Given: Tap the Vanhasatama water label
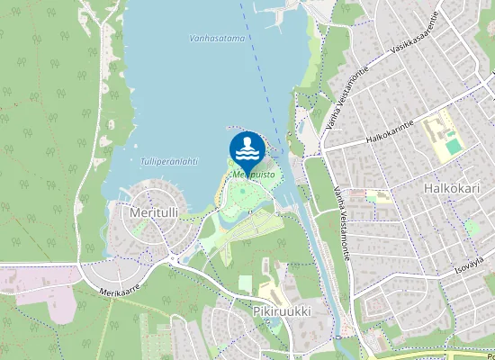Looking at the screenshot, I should tap(218, 39).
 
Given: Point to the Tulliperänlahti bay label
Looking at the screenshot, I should tap(168, 162).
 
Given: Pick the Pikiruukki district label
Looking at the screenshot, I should tap(281, 310).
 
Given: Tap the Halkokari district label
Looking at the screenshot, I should tap(451, 189).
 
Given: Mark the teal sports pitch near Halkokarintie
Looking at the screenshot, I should tap(454, 146).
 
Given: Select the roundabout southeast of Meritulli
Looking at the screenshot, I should tap(171, 262).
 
